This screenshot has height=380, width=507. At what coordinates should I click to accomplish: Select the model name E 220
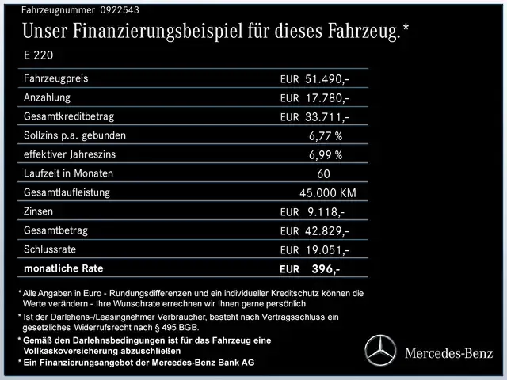point(40,56)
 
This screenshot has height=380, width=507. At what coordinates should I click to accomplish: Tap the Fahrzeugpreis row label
point(56,78)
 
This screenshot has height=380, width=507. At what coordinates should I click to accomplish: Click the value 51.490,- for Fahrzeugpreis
point(326,80)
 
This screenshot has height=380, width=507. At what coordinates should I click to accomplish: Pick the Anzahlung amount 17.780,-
point(326,98)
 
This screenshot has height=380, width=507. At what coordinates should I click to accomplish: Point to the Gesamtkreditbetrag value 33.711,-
point(326,117)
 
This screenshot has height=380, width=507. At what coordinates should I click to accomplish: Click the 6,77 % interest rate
point(326,136)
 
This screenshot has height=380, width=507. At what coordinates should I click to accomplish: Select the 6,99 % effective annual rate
point(326,155)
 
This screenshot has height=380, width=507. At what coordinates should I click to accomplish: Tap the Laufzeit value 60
point(322,174)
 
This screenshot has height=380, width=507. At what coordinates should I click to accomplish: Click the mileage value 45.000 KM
point(327,193)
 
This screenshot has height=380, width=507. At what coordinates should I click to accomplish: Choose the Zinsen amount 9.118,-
point(325,212)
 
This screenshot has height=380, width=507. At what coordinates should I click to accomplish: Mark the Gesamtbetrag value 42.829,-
point(326,231)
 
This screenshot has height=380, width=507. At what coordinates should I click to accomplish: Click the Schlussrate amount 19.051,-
point(326,250)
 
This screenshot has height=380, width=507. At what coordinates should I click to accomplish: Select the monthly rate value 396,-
point(326,269)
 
